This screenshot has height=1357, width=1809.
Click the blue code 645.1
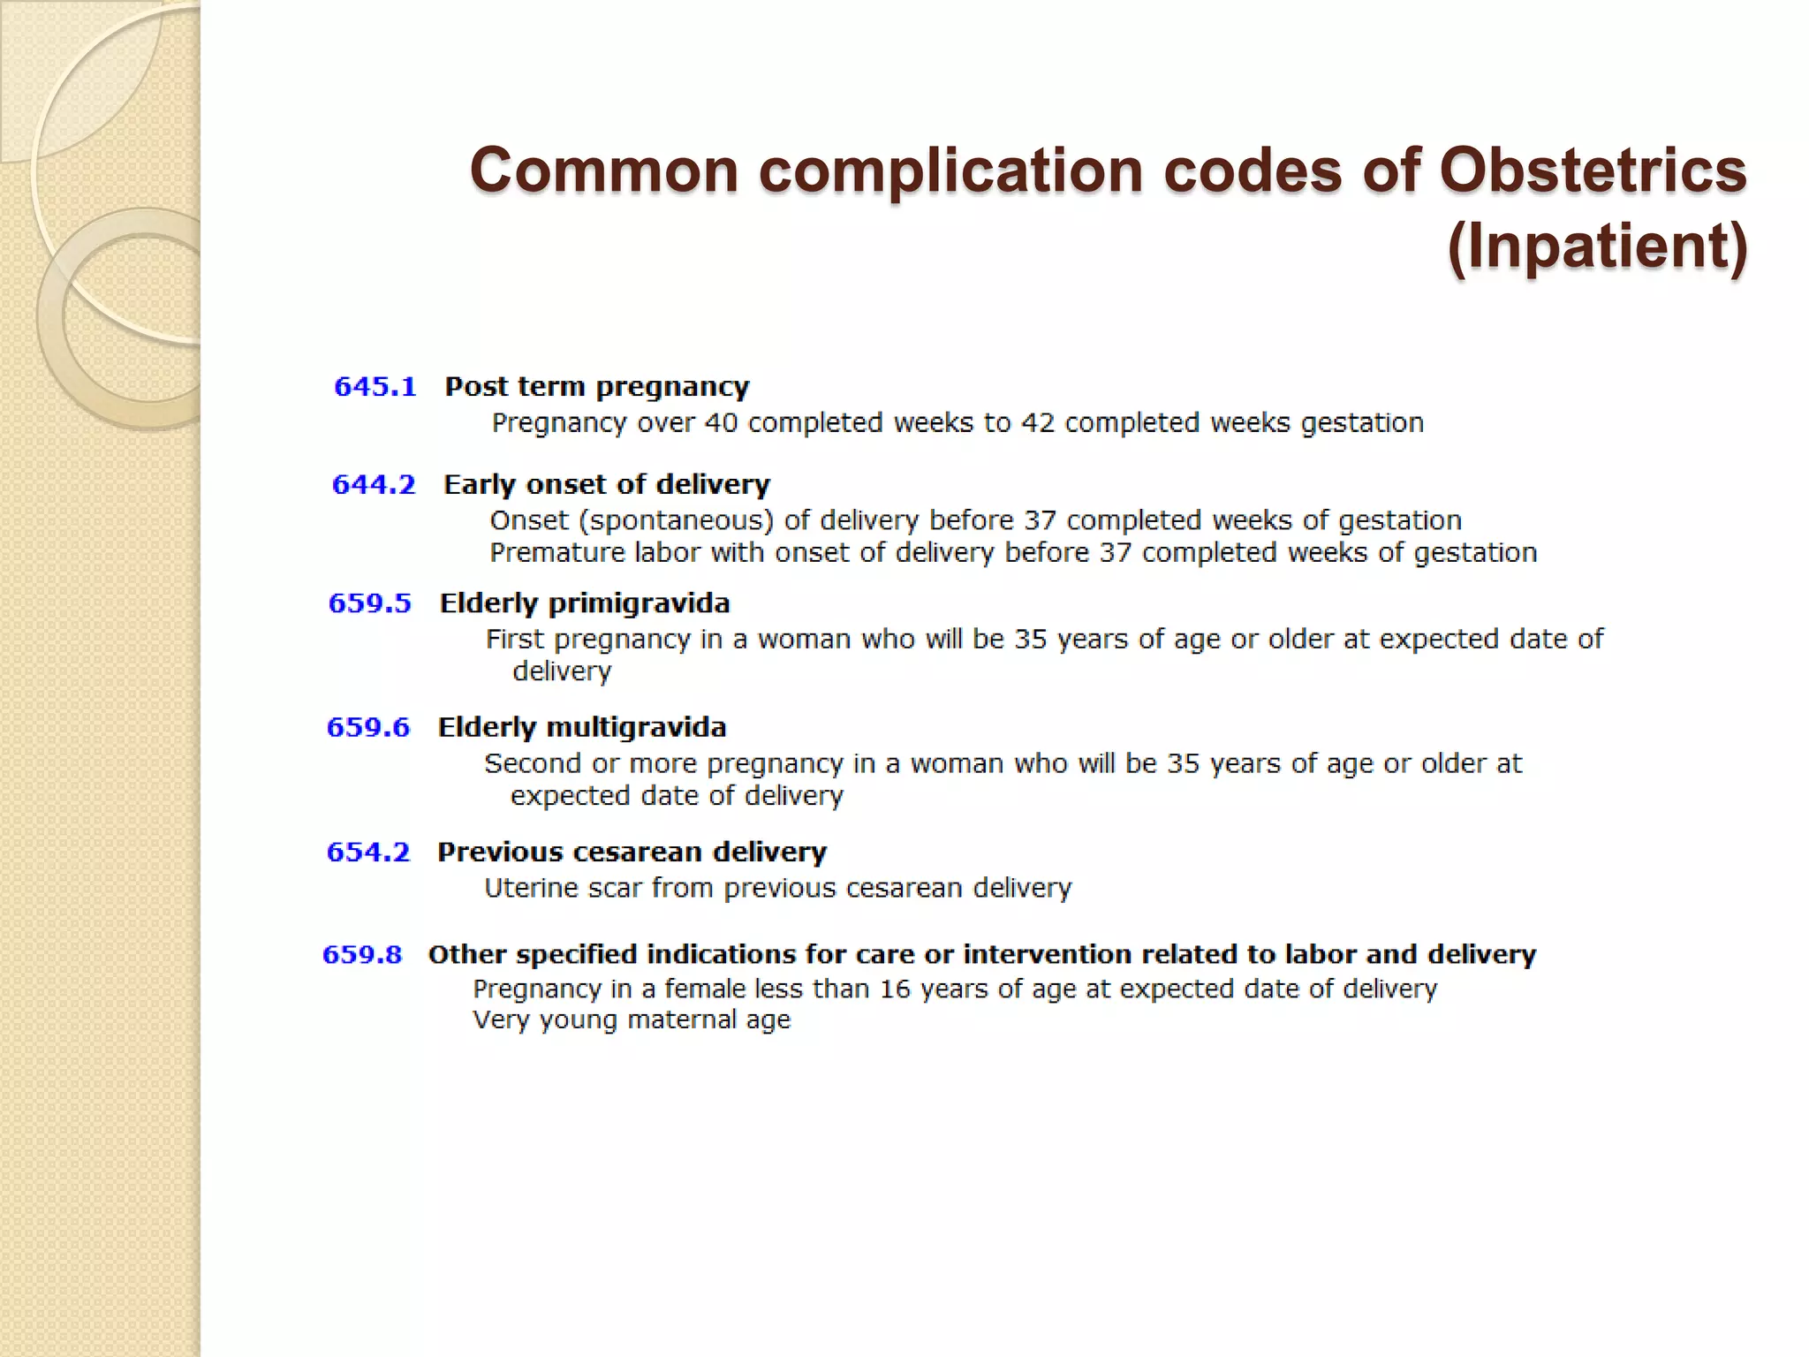coord(375,387)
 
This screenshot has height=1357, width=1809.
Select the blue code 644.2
coord(373,485)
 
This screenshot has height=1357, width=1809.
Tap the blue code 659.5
coord(369,603)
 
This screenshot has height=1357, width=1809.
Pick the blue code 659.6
coord(368,727)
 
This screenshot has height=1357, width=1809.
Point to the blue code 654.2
coord(368,852)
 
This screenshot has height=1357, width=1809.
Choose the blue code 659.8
coord(362,954)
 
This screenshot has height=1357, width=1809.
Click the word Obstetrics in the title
coord(1593,170)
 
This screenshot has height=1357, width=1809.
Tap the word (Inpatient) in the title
coord(1597,246)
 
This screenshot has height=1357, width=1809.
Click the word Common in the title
coord(604,170)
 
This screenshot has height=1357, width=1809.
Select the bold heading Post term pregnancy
coord(597,387)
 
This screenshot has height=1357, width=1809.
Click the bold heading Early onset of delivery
coord(607,485)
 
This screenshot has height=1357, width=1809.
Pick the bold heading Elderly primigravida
coord(585,603)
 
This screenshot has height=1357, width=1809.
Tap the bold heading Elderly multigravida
coord(582,727)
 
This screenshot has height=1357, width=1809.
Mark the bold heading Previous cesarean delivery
coord(632,852)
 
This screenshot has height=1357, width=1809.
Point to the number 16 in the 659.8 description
coord(895,989)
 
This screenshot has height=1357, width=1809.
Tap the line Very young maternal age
coord(632,1020)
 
